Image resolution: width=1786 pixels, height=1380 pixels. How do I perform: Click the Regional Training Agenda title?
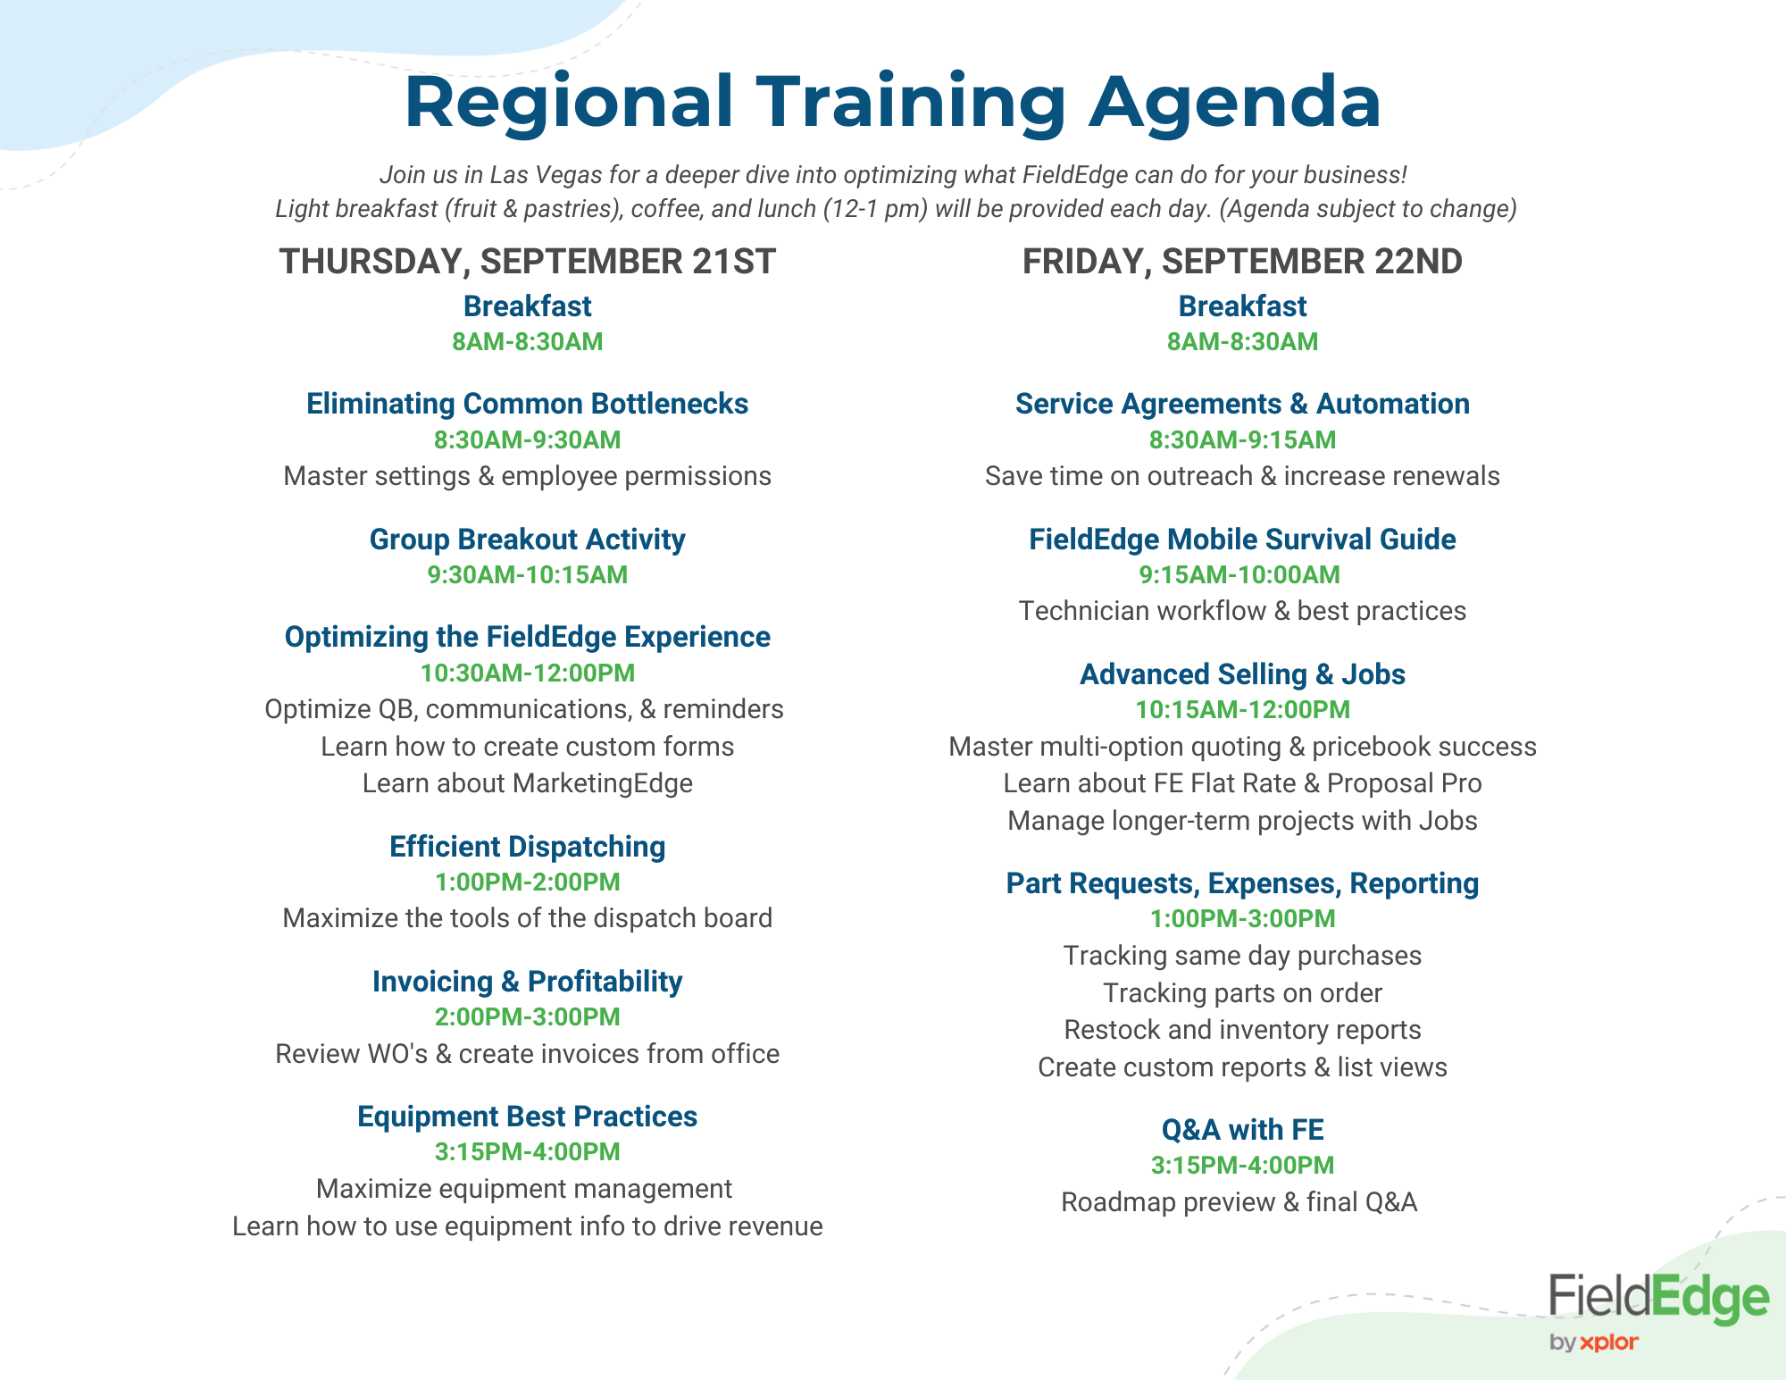(x=893, y=103)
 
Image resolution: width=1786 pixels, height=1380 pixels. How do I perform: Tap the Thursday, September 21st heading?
(x=527, y=262)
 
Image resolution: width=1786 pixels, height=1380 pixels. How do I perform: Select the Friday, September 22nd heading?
(x=1242, y=262)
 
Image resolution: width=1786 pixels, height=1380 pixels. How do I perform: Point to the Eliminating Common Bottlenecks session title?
(x=527, y=404)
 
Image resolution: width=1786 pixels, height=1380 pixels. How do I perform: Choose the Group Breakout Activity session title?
(x=527, y=539)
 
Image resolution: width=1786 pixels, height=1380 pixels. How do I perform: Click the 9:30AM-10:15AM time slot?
(x=527, y=574)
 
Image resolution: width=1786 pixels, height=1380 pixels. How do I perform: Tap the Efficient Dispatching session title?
(x=527, y=846)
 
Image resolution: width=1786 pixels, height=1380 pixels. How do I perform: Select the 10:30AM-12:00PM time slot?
(x=527, y=673)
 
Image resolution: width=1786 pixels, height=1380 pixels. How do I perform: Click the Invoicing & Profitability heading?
(x=527, y=981)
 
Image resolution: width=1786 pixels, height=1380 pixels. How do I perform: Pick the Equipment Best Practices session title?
(x=527, y=1117)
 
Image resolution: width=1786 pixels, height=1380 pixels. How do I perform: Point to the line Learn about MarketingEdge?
(x=527, y=783)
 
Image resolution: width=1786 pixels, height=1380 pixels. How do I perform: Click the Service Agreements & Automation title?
(x=1242, y=404)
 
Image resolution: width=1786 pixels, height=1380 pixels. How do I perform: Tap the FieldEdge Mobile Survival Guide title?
(x=1242, y=539)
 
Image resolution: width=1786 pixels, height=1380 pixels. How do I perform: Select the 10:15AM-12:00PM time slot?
(x=1242, y=709)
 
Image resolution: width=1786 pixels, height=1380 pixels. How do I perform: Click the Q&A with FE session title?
(x=1242, y=1130)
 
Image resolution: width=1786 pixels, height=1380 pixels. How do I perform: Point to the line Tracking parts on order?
(x=1242, y=993)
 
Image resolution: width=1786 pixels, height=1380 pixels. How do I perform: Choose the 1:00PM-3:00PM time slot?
(x=1242, y=918)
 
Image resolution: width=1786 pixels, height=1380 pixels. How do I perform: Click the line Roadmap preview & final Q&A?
(x=1239, y=1202)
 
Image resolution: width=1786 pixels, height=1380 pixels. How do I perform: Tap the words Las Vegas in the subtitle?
(x=546, y=175)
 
